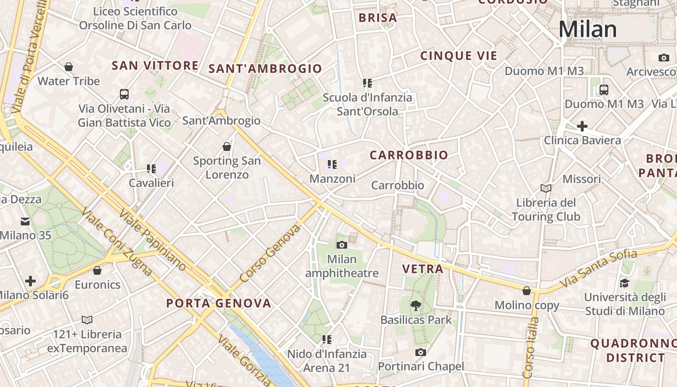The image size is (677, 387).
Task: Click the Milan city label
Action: click(588, 30)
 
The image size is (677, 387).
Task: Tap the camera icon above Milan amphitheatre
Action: click(342, 245)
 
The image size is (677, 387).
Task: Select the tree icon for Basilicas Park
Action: click(415, 305)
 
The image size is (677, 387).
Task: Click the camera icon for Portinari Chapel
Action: click(421, 352)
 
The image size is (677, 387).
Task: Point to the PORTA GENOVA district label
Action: click(219, 303)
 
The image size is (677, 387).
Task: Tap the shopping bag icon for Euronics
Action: click(97, 270)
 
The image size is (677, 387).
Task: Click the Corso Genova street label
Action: click(269, 254)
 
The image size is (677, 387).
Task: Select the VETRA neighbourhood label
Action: click(423, 269)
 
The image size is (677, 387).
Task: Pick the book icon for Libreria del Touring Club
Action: click(546, 188)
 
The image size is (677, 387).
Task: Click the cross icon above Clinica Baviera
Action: click(582, 126)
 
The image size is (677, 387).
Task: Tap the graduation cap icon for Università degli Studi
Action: click(625, 283)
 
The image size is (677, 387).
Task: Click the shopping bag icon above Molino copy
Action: click(527, 291)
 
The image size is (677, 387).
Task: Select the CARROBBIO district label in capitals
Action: click(409, 155)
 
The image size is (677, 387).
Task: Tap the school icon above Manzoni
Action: click(332, 164)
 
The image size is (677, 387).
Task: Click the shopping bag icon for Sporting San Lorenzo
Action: click(227, 146)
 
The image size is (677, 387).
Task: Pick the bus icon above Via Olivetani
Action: click(124, 94)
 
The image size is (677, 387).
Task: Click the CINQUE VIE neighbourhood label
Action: click(458, 56)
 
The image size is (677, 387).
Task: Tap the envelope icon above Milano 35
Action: click(25, 221)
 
